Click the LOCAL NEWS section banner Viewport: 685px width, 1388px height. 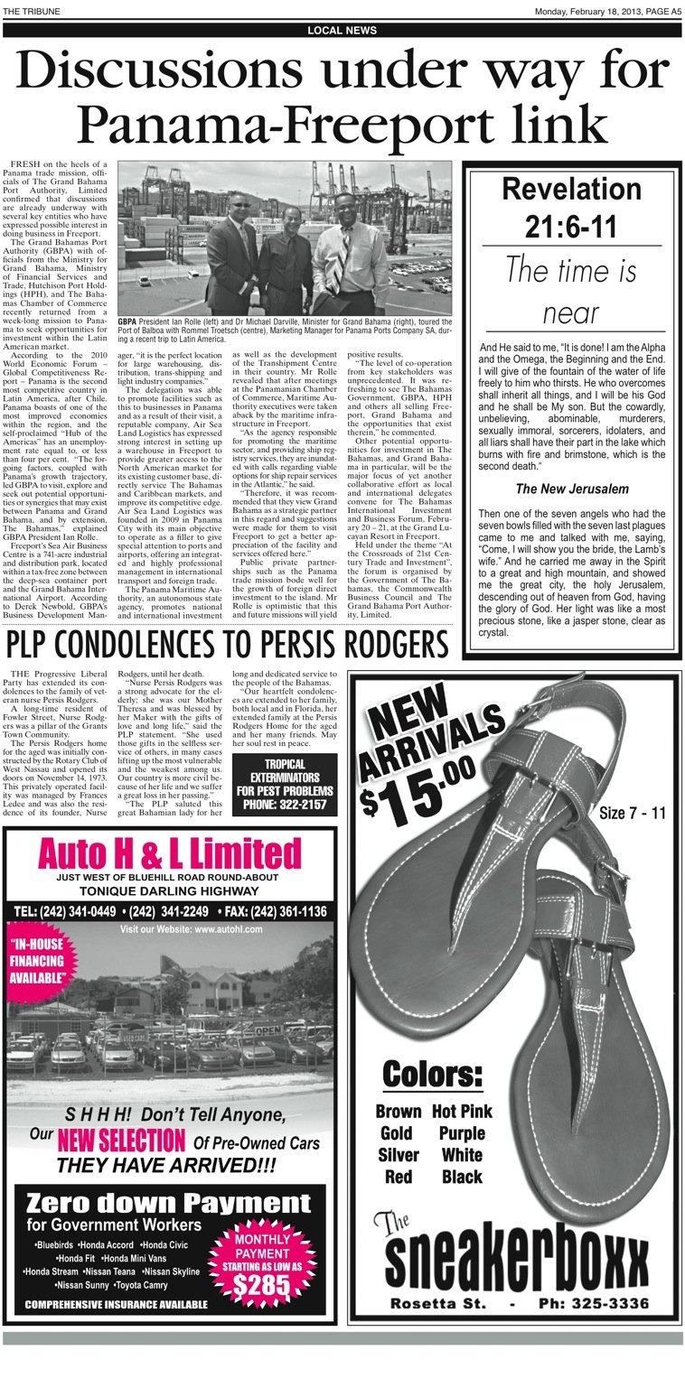pos(342,31)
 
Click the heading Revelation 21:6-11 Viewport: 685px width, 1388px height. pos(571,208)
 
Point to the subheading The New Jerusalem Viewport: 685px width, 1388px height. pos(571,489)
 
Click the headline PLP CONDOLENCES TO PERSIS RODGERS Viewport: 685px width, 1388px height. pos(227,646)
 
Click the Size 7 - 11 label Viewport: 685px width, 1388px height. pos(632,813)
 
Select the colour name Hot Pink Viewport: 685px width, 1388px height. pos(462,1111)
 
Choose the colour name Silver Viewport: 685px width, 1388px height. pos(399,1155)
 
